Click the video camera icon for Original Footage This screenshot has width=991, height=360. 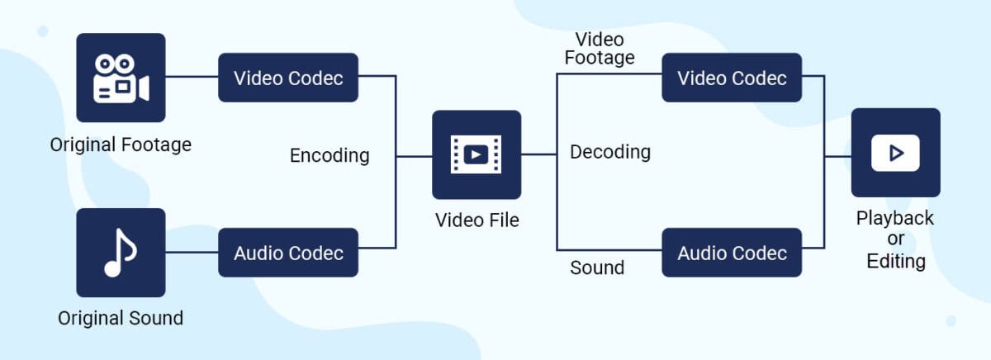pyautogui.click(x=121, y=78)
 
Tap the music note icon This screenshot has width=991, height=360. pyautogui.click(x=121, y=253)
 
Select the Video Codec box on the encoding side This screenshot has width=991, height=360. pyautogui.click(x=288, y=78)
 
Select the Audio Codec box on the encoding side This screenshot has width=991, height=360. pyautogui.click(x=288, y=253)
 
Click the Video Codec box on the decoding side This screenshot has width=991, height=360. pyautogui.click(x=732, y=78)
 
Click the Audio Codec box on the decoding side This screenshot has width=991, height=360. pyautogui.click(x=732, y=253)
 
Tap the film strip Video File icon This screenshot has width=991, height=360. pyautogui.click(x=477, y=154)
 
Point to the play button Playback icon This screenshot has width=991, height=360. pyautogui.click(x=895, y=153)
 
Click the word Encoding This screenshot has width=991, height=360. pyautogui.click(x=330, y=155)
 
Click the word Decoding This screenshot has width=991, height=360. pyautogui.click(x=610, y=152)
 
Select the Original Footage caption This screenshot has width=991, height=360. pyautogui.click(x=121, y=145)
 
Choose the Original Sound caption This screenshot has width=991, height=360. pyautogui.click(x=121, y=318)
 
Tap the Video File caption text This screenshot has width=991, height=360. pyautogui.click(x=477, y=220)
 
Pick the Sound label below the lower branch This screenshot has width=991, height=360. pyautogui.click(x=597, y=268)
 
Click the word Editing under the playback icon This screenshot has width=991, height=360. pyautogui.click(x=895, y=261)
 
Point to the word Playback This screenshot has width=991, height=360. pyautogui.click(x=895, y=218)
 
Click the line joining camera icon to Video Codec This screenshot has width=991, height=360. pyautogui.click(x=192, y=78)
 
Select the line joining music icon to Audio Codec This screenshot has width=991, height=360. pyautogui.click(x=192, y=253)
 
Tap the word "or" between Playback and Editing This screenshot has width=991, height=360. pyautogui.click(x=895, y=239)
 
